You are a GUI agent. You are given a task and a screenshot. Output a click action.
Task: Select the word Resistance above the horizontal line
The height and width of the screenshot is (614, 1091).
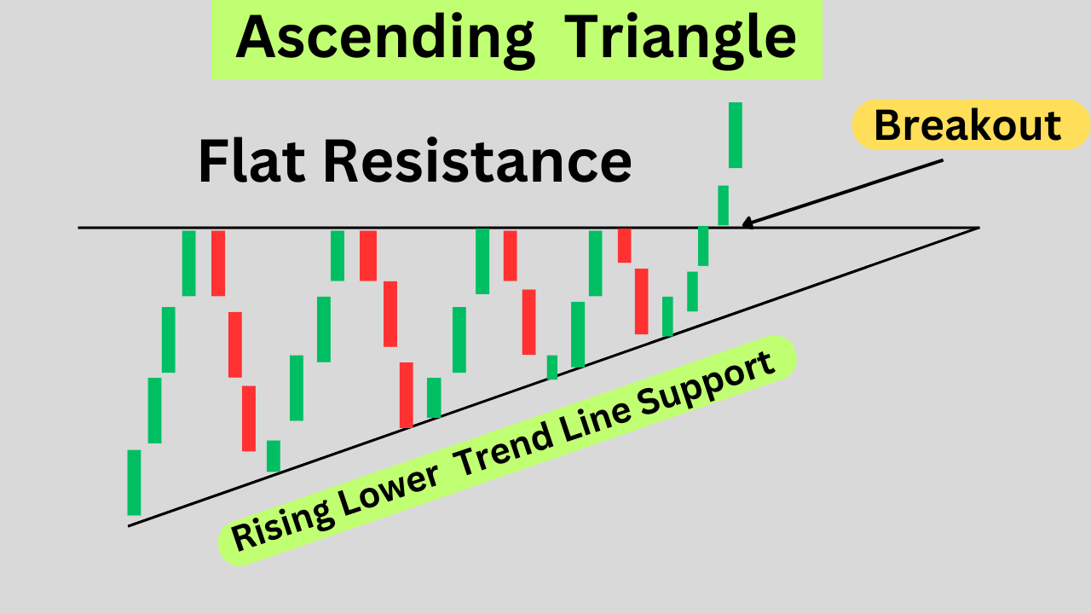coord(476,161)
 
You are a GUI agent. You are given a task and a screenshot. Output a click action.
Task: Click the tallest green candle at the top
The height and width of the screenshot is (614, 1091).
coord(735,135)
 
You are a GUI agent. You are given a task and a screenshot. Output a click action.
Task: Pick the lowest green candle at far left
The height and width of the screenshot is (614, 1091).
coord(134,482)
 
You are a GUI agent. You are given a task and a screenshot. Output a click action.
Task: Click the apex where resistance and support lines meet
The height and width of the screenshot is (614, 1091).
coord(978,228)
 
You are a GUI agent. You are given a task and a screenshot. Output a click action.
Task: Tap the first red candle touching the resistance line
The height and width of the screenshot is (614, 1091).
coord(218,263)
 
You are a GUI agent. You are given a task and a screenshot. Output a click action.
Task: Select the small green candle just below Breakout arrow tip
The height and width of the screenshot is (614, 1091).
coord(723,205)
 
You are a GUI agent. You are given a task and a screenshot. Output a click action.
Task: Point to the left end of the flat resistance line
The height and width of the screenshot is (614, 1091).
coord(80,228)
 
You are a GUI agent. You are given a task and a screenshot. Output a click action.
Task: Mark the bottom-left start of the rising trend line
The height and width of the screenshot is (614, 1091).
coord(130,525)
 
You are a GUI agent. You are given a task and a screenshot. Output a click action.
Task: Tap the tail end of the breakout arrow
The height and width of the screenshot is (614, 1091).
coord(942,159)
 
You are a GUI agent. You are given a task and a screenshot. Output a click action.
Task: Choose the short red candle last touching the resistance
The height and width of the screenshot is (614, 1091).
coord(624,245)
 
